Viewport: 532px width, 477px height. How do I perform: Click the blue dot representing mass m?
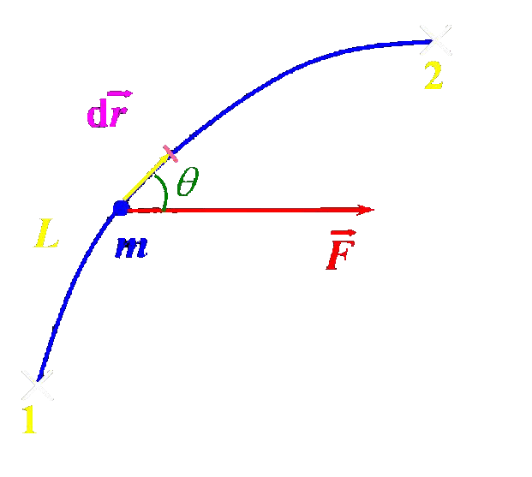pos(121,207)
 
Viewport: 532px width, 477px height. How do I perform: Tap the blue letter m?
pos(131,247)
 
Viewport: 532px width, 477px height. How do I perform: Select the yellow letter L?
pos(46,235)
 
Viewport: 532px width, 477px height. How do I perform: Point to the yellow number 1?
pos(29,420)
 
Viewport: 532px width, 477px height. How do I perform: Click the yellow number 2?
pos(433,77)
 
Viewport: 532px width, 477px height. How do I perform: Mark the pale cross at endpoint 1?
pos(37,383)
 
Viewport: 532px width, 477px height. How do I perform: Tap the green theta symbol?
pos(188,182)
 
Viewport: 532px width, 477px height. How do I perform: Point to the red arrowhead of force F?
pos(366,209)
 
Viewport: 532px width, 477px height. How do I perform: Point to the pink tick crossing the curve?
pos(170,154)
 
